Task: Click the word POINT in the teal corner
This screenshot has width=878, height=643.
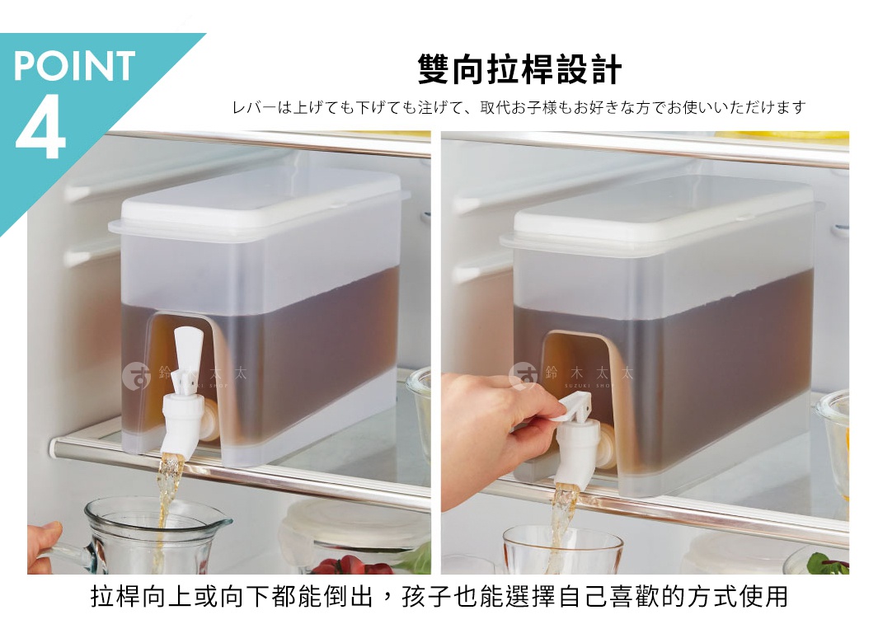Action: [74, 66]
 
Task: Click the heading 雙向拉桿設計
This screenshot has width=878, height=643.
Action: [519, 70]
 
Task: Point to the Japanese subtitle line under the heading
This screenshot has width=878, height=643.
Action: [519, 108]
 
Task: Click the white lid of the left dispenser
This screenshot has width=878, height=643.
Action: [259, 202]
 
